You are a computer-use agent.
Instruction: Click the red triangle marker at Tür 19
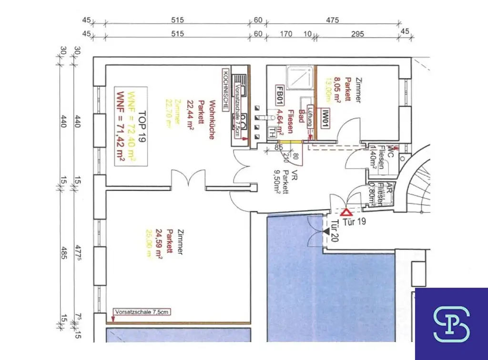pos(346,212)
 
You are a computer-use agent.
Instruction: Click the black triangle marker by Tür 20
pos(326,231)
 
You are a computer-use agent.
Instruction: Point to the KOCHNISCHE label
pos(225,88)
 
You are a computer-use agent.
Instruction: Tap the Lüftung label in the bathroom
pos(310,116)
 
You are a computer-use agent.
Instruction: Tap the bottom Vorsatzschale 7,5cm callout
pos(141,312)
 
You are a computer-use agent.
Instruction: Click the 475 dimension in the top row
pos(332,20)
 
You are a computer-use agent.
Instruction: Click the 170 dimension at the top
pos(286,34)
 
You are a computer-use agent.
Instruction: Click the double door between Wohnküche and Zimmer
pos(189,179)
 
